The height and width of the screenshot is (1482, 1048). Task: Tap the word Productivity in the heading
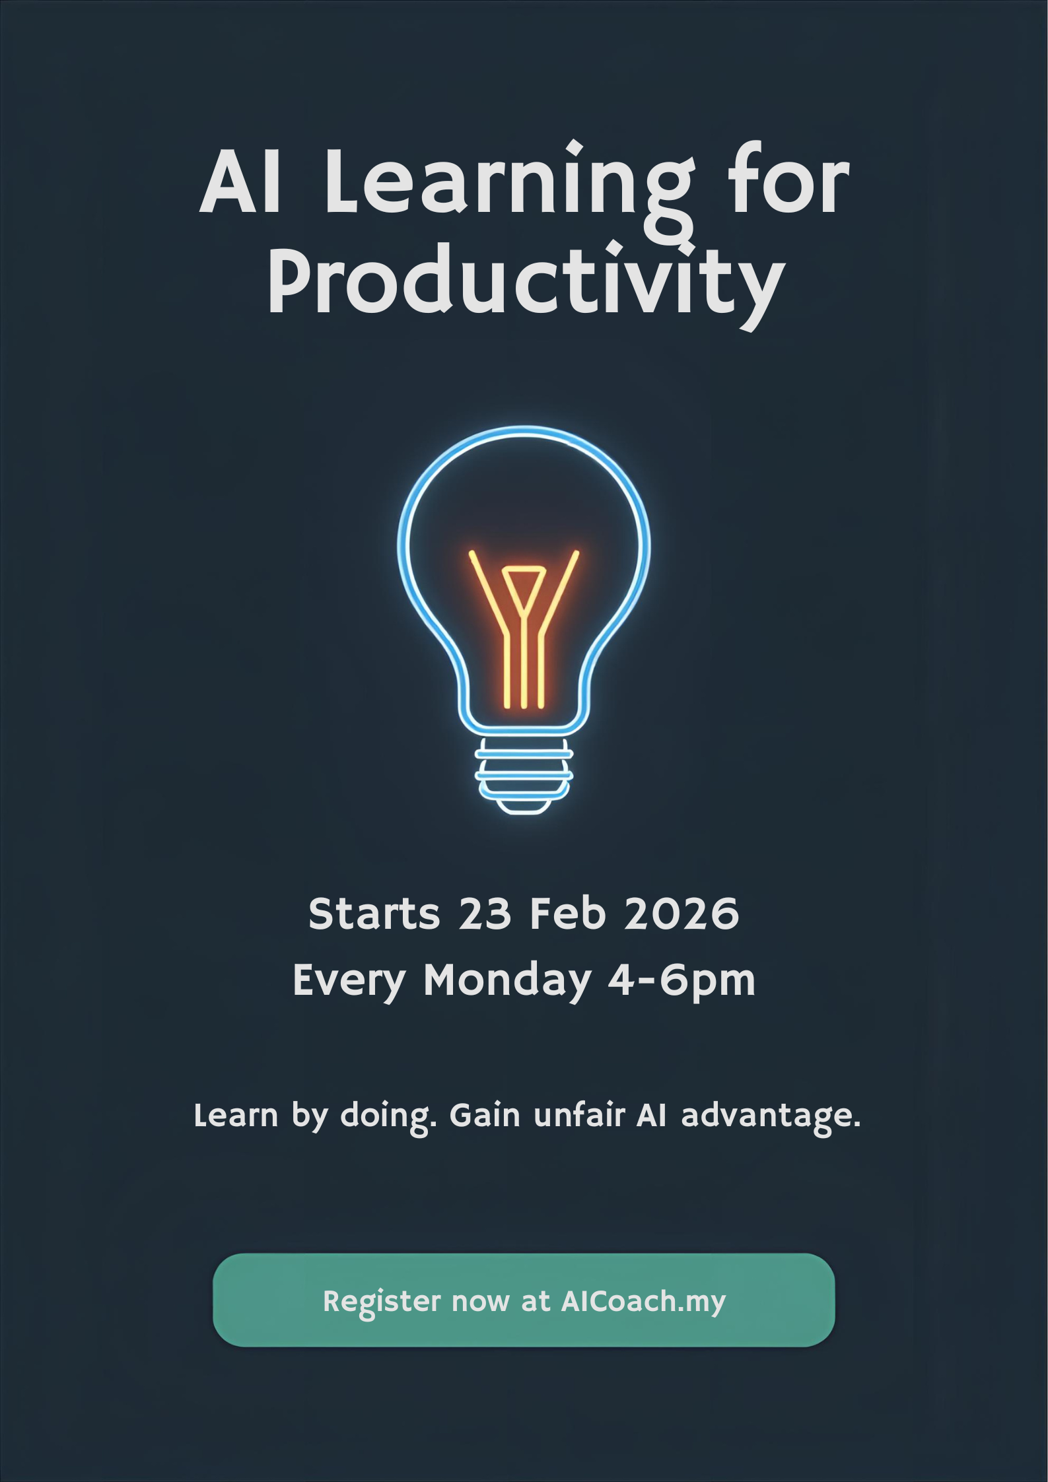(x=526, y=285)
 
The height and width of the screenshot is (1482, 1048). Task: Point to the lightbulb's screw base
(x=524, y=776)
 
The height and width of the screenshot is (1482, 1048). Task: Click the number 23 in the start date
(x=485, y=914)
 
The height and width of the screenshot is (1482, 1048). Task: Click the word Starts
(x=374, y=914)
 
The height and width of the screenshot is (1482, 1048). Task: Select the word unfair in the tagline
(x=579, y=1115)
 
